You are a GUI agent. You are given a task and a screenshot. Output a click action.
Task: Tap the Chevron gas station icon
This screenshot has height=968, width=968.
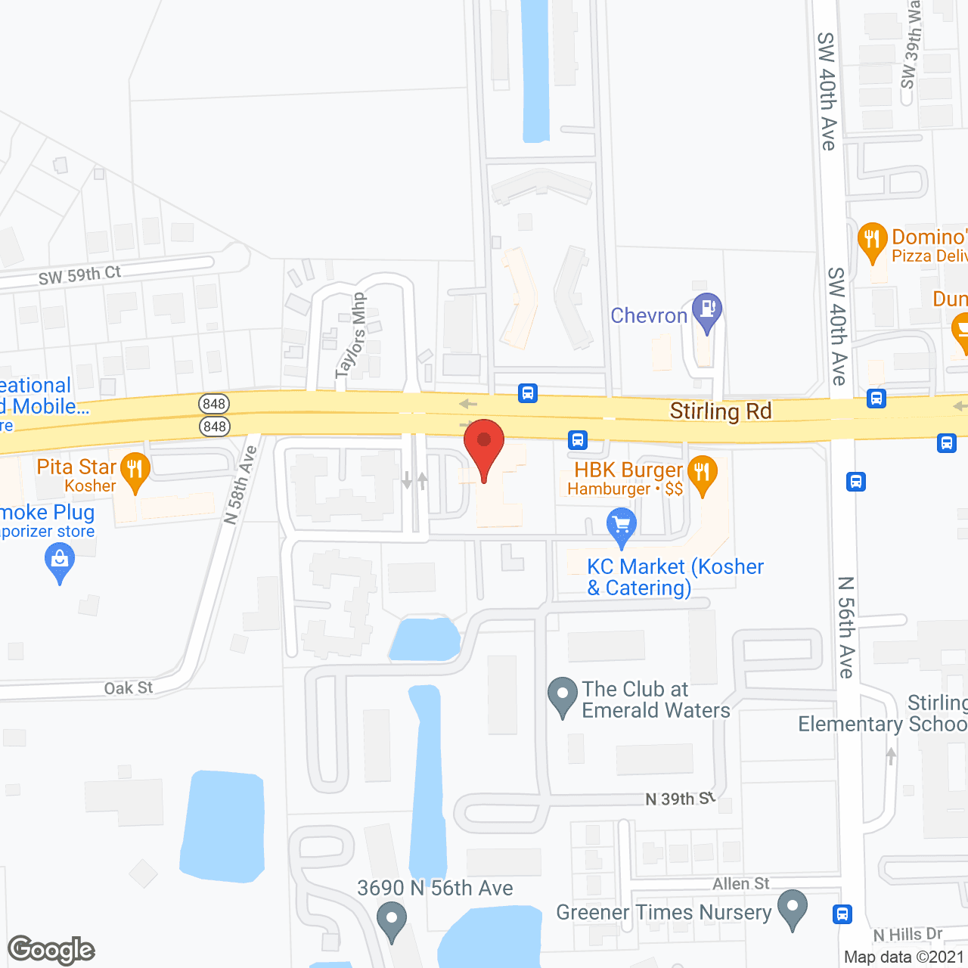point(708,311)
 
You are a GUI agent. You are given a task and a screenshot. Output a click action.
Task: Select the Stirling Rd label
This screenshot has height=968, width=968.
point(720,411)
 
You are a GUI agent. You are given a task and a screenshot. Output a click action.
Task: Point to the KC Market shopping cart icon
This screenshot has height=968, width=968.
point(621,526)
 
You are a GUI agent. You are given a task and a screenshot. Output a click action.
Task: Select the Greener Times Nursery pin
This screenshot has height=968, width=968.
point(793,908)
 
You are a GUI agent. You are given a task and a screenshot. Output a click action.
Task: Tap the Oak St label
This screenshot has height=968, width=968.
point(129,688)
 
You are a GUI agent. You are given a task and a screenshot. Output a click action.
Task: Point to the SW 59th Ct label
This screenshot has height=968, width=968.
point(79,275)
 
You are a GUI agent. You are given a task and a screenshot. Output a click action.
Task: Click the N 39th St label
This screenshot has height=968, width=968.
point(680,799)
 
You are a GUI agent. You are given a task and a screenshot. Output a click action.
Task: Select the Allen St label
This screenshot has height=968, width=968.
point(740,883)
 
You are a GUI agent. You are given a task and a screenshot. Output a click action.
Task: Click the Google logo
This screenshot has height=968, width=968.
point(51,950)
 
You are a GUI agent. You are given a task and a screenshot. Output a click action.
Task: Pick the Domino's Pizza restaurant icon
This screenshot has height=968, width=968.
point(873,240)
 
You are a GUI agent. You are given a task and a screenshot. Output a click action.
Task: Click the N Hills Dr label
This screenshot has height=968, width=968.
point(907,935)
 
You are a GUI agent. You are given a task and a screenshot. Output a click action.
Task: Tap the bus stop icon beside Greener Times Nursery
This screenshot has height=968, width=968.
point(842,914)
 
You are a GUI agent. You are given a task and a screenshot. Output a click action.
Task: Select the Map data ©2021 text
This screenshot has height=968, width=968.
point(904,957)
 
